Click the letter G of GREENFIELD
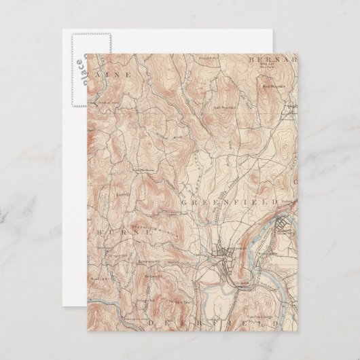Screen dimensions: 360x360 click(184, 202)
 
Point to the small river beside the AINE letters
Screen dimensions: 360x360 click(102, 61)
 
